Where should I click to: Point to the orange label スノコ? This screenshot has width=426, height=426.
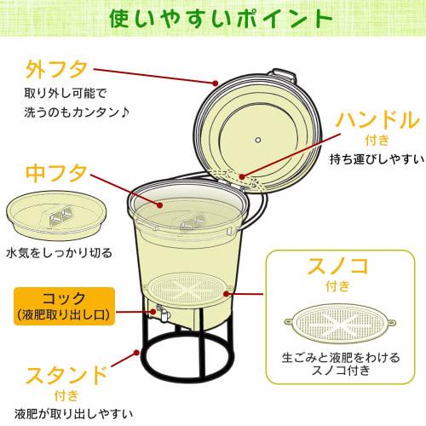coord(338,265)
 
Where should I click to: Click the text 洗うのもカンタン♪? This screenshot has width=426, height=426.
coord(79,112)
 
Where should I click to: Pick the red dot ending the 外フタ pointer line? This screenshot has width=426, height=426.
coord(216,83)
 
